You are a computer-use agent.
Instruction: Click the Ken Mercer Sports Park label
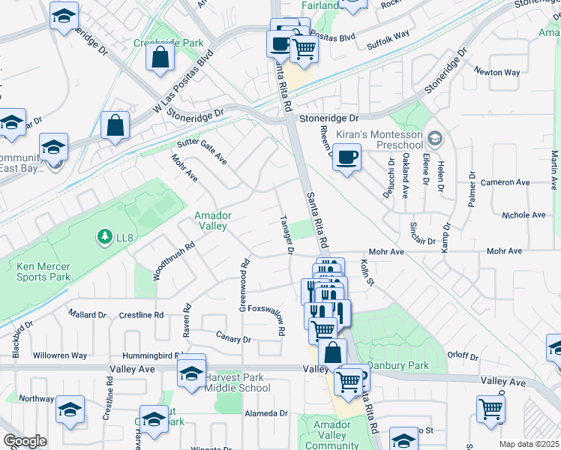[x=43, y=271]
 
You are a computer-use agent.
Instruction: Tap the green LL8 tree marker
[x=104, y=238]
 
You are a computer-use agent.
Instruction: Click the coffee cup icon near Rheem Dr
[x=346, y=157]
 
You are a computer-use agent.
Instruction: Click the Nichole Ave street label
[x=524, y=214]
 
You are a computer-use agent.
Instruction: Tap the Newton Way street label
[x=496, y=73]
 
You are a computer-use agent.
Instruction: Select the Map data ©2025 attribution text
[x=528, y=444]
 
